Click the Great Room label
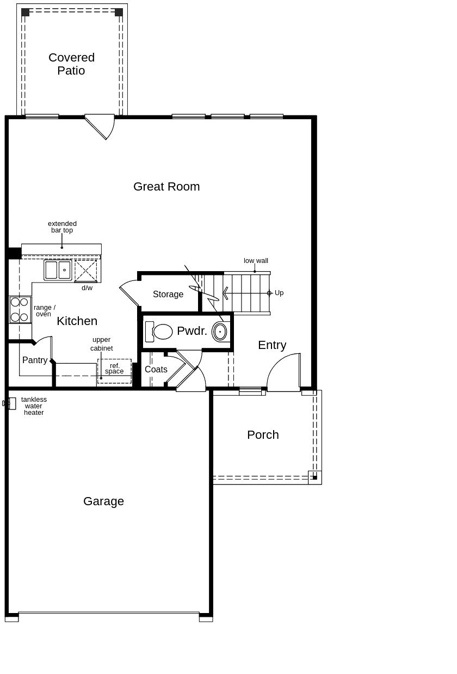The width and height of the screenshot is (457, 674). click(x=166, y=187)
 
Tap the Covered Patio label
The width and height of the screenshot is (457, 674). click(x=72, y=64)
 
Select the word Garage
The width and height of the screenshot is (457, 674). click(x=103, y=501)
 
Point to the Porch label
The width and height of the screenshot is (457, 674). click(x=263, y=435)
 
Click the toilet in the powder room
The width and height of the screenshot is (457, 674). click(x=159, y=332)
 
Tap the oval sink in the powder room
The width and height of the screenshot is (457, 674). click(x=219, y=332)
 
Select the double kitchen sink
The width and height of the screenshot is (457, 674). click(x=58, y=270)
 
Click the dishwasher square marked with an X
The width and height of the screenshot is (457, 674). click(x=86, y=271)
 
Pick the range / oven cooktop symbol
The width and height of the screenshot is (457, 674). click(x=20, y=310)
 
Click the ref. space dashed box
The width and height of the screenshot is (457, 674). click(x=115, y=371)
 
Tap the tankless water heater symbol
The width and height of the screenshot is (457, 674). click(x=10, y=403)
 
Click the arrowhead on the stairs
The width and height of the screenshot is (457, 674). click(x=225, y=293)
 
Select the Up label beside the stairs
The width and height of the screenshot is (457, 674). click(x=279, y=293)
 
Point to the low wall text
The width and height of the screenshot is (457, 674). click(x=256, y=261)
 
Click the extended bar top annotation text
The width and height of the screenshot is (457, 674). click(x=62, y=227)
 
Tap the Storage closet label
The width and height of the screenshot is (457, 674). click(x=168, y=294)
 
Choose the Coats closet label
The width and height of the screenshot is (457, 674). click(x=156, y=369)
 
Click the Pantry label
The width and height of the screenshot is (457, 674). click(x=35, y=360)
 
